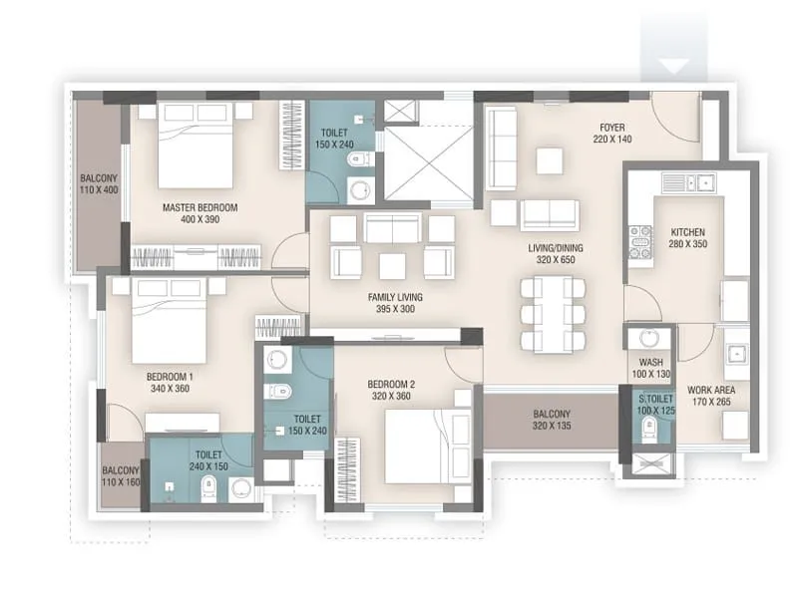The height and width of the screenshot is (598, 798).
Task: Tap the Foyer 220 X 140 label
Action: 611,134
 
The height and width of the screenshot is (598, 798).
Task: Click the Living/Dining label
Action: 556,253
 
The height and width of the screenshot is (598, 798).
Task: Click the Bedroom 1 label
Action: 170,383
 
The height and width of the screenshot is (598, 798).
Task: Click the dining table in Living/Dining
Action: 552,314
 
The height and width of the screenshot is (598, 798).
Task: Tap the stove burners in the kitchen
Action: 638,242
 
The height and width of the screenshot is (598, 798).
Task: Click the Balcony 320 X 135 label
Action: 551,421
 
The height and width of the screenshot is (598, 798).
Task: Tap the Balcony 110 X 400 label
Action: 100,186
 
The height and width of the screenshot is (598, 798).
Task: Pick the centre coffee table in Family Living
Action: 391,266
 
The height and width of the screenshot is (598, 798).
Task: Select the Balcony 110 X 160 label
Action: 121,476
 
